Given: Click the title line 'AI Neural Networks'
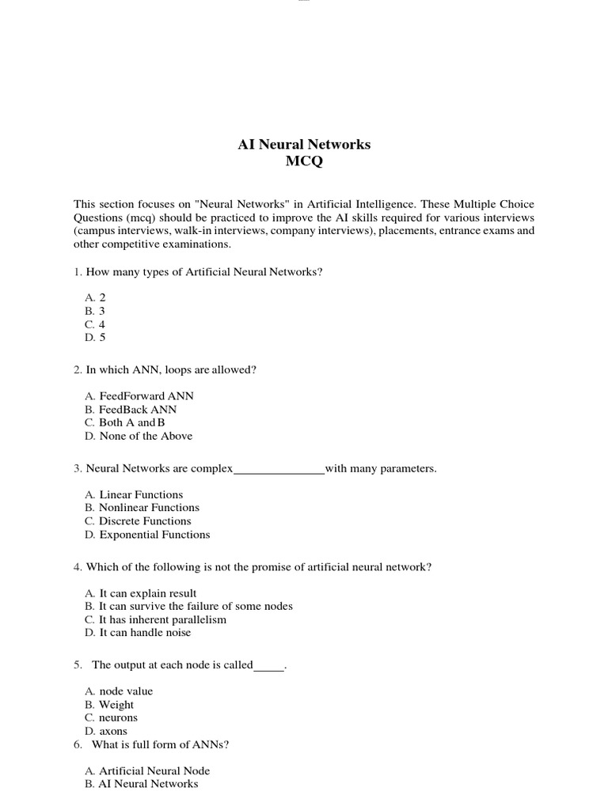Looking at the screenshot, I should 304,145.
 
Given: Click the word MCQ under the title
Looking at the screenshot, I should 304,162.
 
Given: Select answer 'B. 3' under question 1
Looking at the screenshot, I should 95,311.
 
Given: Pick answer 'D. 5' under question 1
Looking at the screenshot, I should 95,338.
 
